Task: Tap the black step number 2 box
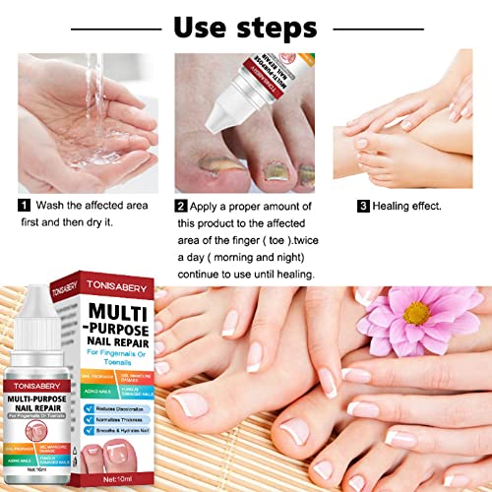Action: pos(181,206)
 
